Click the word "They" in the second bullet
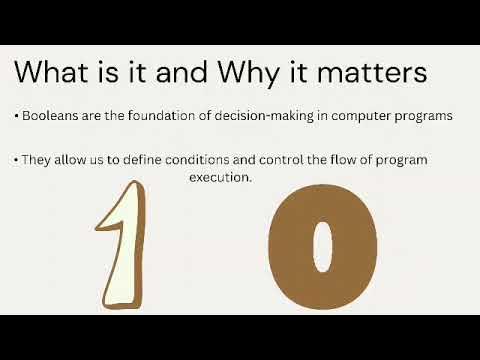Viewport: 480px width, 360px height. [x=34, y=159]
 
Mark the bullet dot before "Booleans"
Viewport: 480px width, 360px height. [x=17, y=117]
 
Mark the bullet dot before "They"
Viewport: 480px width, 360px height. [x=17, y=160]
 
